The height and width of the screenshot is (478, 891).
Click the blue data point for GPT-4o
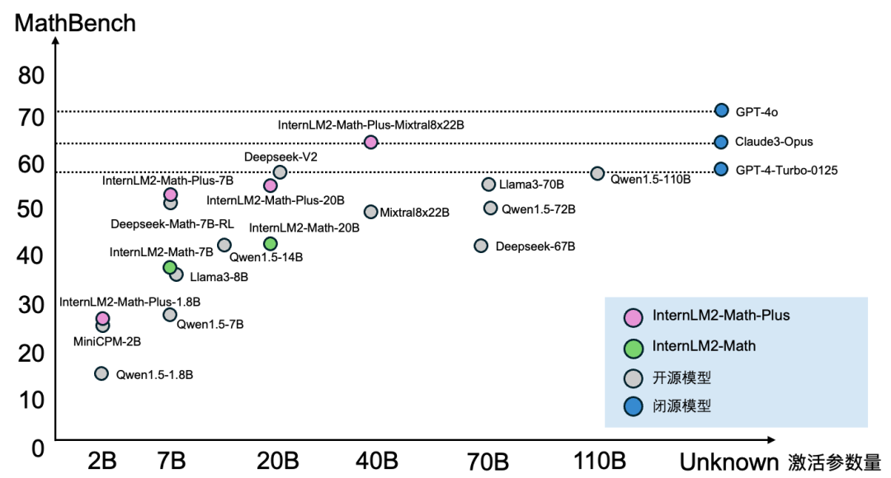click(721, 110)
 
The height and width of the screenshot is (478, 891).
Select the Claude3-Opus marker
click(721, 142)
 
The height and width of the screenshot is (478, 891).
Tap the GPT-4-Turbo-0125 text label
click(786, 171)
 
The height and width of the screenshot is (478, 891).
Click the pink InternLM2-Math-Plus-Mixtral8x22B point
click(370, 142)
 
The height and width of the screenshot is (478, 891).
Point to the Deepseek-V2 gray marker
click(280, 171)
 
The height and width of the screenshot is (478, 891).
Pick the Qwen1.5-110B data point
click(597, 173)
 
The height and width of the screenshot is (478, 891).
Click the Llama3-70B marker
click(488, 185)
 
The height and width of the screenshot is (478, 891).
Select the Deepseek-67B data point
click(481, 246)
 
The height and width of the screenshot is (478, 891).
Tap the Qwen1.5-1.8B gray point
click(101, 373)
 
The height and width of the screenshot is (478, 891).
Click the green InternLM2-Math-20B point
click(270, 243)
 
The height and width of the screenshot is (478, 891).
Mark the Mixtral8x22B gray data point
click(371, 212)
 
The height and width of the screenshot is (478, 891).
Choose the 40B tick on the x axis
click(376, 461)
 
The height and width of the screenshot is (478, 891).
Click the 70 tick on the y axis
click(31, 117)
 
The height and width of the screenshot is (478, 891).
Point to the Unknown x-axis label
click(728, 462)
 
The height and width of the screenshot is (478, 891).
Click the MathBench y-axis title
click(76, 23)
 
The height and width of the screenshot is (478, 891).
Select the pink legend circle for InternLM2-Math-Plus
click(634, 316)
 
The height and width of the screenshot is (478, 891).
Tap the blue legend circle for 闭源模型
click(634, 406)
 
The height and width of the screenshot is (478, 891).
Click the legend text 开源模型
click(681, 378)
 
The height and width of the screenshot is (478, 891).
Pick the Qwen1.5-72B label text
click(539, 209)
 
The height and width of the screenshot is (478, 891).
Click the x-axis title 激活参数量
click(834, 462)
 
